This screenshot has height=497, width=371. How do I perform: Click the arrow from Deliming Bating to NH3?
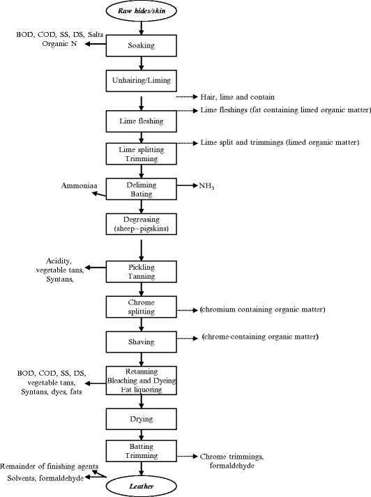click(185, 186)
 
